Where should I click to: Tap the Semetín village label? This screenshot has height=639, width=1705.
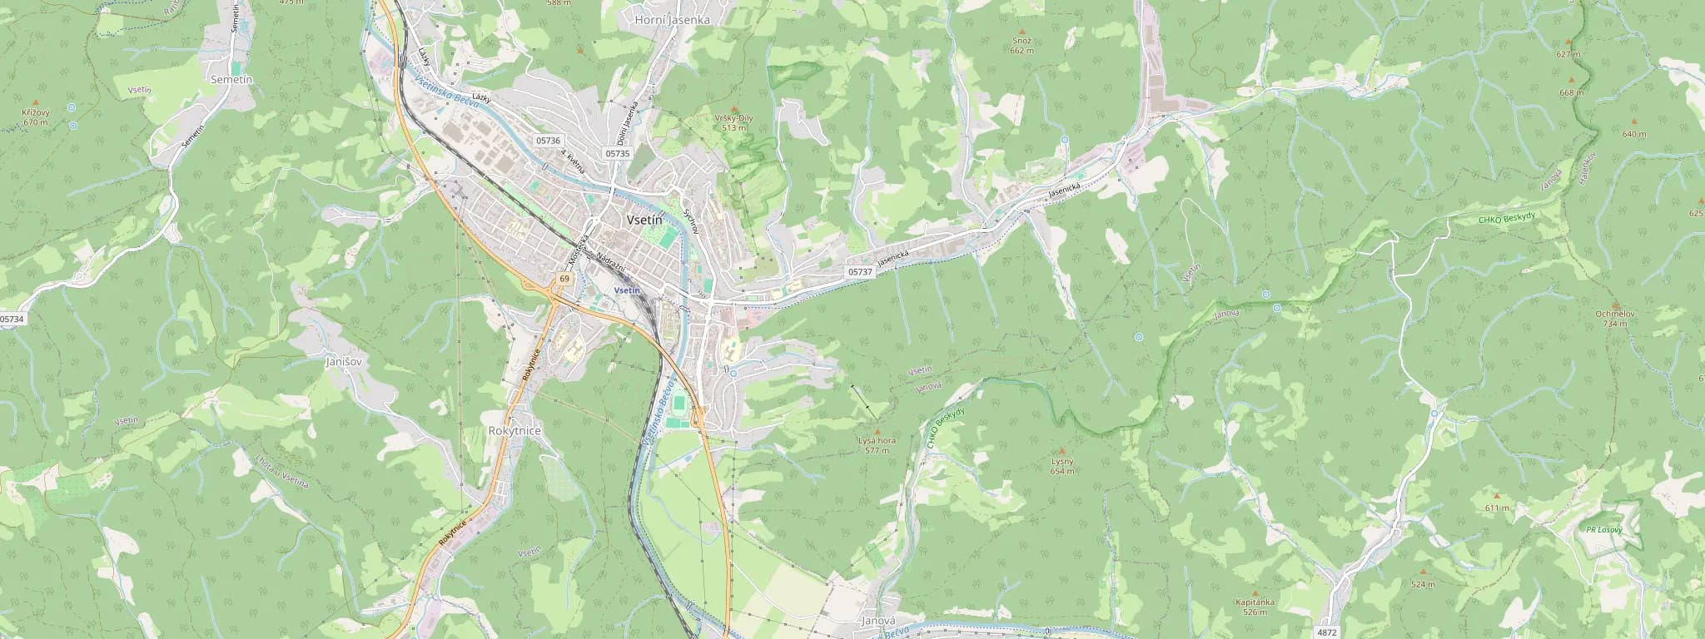coord(232,78)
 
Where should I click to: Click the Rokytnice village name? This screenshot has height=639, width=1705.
coord(514,431)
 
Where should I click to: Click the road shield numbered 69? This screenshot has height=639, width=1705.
coord(564,278)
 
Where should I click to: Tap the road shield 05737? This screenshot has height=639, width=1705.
coord(861,272)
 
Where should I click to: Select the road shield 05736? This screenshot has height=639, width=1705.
coord(549,141)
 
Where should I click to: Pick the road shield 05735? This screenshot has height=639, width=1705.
coord(618,153)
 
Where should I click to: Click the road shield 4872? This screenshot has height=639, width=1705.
coord(1328,633)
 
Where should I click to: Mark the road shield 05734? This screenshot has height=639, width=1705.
coord(12,319)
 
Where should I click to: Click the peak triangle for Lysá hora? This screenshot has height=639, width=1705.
coord(876,431)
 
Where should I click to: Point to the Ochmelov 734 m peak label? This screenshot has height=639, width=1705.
coord(1617,318)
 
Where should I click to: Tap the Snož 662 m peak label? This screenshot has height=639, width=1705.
coord(1022,45)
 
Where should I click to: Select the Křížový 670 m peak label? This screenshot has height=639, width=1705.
coord(36,116)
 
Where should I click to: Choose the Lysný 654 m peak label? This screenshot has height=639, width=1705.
coord(1062,466)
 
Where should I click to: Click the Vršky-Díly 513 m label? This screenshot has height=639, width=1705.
coord(733,122)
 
